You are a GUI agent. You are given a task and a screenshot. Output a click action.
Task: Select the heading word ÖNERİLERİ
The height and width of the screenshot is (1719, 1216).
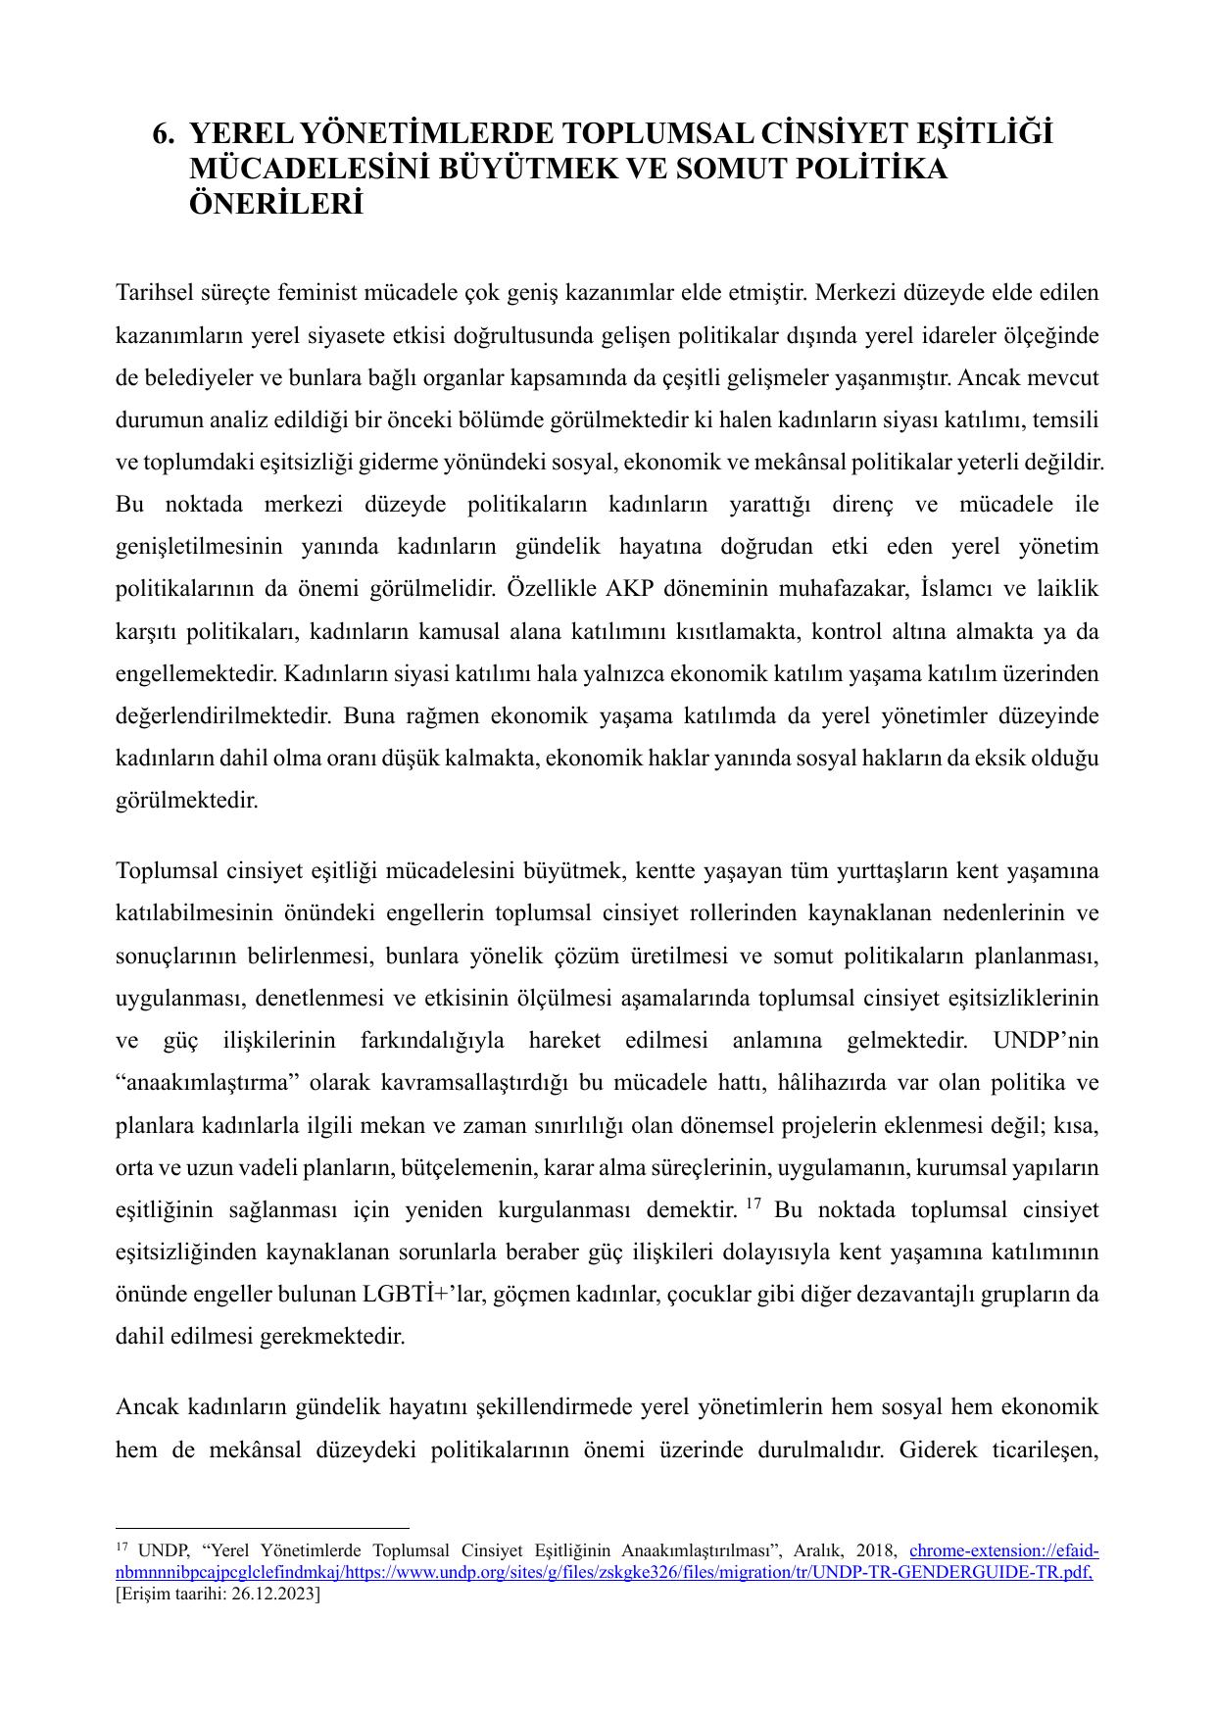pos(275,206)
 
